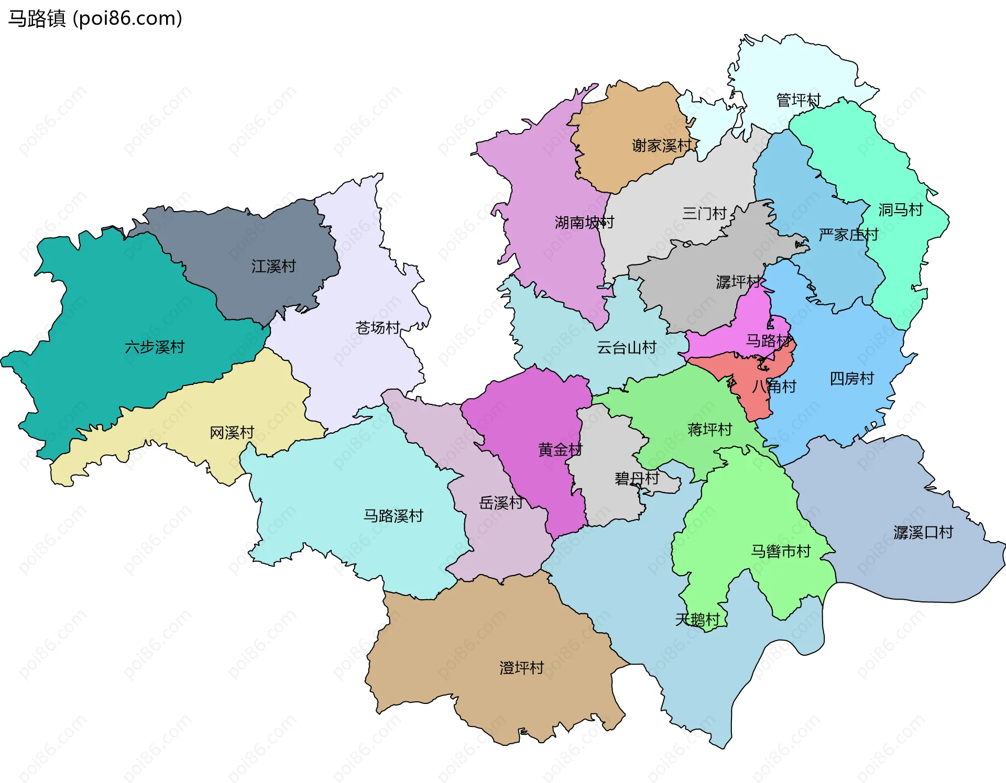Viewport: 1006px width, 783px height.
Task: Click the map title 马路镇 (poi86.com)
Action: [95, 18]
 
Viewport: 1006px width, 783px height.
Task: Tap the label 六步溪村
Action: [155, 347]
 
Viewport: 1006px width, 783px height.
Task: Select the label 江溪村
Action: [274, 266]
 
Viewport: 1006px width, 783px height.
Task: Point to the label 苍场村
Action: [378, 328]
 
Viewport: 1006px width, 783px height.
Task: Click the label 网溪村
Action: [232, 433]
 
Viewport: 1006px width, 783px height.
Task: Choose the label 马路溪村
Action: [393, 516]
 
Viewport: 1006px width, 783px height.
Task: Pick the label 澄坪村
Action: [521, 668]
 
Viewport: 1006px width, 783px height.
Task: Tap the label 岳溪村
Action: [501, 503]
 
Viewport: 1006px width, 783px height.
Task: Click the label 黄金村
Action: [560, 449]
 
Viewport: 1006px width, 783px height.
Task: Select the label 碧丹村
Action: [637, 478]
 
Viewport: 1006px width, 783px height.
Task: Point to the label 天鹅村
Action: [697, 620]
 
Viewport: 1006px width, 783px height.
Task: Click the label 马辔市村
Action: [781, 551]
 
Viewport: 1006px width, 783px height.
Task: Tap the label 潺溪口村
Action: [923, 533]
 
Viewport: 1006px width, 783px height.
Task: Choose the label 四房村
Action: [851, 378]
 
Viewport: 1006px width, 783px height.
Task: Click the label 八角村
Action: [774, 387]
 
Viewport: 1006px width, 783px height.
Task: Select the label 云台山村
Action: [626, 347]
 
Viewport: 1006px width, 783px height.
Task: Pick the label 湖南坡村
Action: [584, 223]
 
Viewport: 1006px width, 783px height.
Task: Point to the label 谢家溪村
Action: [661, 146]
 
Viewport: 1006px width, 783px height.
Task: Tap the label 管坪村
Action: [798, 100]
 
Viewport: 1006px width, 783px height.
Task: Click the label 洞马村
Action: [900, 209]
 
